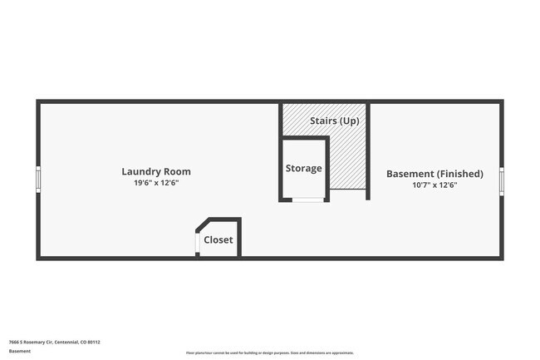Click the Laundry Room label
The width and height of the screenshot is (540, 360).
click(x=161, y=172)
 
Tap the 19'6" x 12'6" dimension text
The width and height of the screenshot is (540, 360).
click(x=161, y=183)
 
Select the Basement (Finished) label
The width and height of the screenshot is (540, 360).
click(x=434, y=174)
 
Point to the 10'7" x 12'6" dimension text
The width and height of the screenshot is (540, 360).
click(x=434, y=185)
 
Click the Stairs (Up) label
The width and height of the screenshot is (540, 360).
click(x=335, y=121)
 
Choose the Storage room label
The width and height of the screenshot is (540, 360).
click(x=303, y=168)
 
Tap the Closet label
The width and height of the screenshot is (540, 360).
click(x=218, y=240)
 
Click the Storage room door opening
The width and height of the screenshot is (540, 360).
click(x=308, y=200)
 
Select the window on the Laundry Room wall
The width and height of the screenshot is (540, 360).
click(x=38, y=179)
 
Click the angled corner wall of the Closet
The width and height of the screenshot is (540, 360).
click(x=202, y=224)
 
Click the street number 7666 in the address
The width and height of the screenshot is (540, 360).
click(x=13, y=341)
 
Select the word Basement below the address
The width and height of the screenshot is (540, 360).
click(x=19, y=351)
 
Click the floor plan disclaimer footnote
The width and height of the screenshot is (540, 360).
click(x=270, y=353)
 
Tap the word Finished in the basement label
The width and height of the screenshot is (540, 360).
click(x=459, y=174)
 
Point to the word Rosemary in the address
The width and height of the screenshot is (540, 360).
click(x=34, y=341)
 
